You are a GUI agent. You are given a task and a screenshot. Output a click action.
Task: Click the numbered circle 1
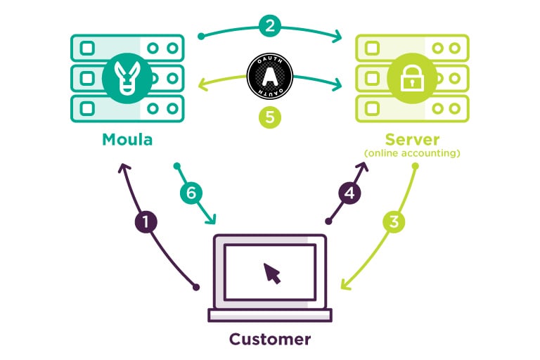(146, 222)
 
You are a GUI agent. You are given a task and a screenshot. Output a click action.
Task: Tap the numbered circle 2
(270, 25)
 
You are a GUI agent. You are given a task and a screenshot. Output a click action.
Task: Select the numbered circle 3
(394, 222)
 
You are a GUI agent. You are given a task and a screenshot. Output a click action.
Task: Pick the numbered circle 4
(349, 193)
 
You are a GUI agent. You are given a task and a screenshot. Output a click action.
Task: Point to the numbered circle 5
(270, 117)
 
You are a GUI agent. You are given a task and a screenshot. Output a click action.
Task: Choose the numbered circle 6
(191, 193)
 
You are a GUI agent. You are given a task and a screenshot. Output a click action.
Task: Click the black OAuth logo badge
(270, 76)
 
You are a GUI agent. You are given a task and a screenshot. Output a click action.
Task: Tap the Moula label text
(127, 139)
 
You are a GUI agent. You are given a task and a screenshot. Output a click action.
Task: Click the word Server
(412, 139)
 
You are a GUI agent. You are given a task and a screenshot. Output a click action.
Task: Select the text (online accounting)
(412, 153)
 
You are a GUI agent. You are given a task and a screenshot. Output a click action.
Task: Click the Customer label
(270, 339)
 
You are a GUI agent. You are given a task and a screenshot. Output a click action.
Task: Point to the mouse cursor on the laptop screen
(272, 274)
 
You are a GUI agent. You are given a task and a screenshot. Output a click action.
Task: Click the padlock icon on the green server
(412, 79)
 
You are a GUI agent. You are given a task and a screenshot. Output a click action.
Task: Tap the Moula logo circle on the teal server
(127, 78)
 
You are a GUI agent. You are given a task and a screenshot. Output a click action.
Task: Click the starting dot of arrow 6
(177, 167)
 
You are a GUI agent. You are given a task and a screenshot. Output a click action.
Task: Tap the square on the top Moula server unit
(87, 49)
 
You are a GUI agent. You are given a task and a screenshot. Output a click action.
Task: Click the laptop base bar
(270, 315)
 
